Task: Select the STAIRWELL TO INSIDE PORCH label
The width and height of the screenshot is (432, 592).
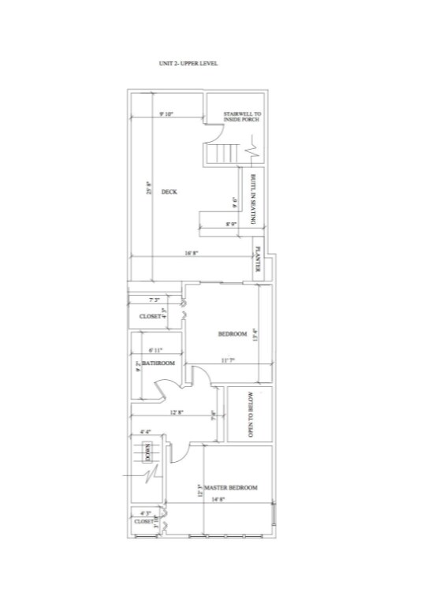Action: tap(242, 117)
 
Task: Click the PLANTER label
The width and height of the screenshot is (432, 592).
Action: tap(258, 261)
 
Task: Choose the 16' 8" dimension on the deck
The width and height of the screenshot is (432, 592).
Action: tap(190, 253)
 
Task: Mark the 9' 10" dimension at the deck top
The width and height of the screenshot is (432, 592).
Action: tap(166, 114)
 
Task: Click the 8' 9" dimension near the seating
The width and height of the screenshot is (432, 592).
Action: tap(232, 225)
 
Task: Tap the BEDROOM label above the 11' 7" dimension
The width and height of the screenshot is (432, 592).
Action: tap(233, 334)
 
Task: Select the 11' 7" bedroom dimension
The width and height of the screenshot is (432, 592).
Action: tap(228, 360)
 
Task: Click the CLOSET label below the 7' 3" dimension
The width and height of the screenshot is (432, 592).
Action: tap(150, 316)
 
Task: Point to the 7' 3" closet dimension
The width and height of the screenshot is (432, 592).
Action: tap(154, 300)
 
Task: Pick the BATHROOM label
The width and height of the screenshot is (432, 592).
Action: tap(158, 363)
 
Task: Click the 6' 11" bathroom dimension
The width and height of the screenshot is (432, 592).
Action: tap(155, 349)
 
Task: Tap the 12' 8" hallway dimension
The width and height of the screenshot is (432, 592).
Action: tap(175, 411)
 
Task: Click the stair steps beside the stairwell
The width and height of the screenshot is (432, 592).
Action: tap(226, 152)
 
